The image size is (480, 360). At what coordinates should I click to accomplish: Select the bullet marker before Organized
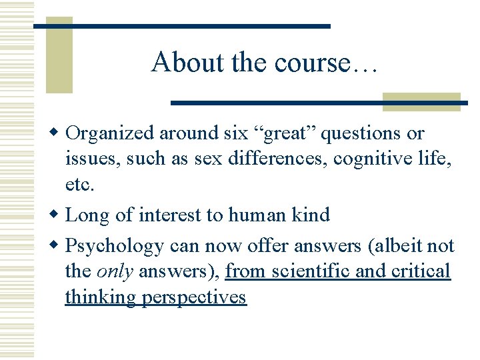point(58,133)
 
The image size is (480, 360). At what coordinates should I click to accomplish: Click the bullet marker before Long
point(58,215)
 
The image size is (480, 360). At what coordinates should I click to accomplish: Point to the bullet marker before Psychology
point(58,246)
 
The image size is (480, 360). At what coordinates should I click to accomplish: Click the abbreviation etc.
point(79,185)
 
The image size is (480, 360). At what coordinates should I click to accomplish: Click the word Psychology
point(115,247)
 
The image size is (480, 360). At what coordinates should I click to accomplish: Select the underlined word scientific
point(306,271)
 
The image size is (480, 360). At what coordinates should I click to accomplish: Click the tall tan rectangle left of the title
point(59,55)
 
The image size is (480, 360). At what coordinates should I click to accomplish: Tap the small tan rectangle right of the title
point(421,101)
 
